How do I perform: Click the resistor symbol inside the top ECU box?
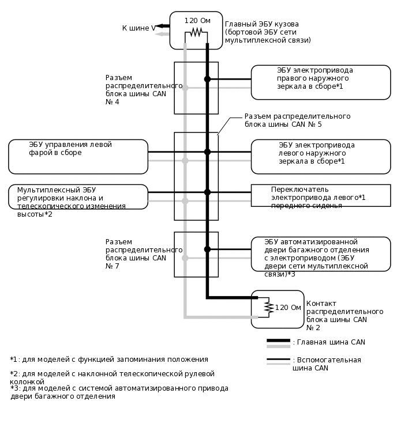click(x=196, y=32)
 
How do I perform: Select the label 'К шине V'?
click(x=138, y=28)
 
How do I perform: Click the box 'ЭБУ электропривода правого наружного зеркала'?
click(x=320, y=82)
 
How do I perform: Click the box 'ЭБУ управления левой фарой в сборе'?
click(x=78, y=156)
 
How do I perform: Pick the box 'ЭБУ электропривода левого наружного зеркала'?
click(x=320, y=156)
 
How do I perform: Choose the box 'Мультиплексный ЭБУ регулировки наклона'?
click(x=78, y=196)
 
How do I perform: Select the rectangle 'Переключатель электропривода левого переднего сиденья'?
click(x=320, y=196)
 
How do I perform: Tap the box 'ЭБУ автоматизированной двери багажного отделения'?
click(x=320, y=254)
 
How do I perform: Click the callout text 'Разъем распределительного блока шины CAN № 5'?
click(x=297, y=120)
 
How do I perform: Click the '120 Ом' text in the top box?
click(x=197, y=21)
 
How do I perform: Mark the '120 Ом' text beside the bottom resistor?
click(x=288, y=307)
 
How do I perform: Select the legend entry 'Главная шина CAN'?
click(x=328, y=342)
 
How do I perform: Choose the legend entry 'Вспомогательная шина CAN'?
click(x=327, y=364)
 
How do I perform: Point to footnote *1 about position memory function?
click(x=109, y=360)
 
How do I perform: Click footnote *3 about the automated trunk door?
click(x=119, y=392)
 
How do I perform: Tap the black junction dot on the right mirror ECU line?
click(x=207, y=79)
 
